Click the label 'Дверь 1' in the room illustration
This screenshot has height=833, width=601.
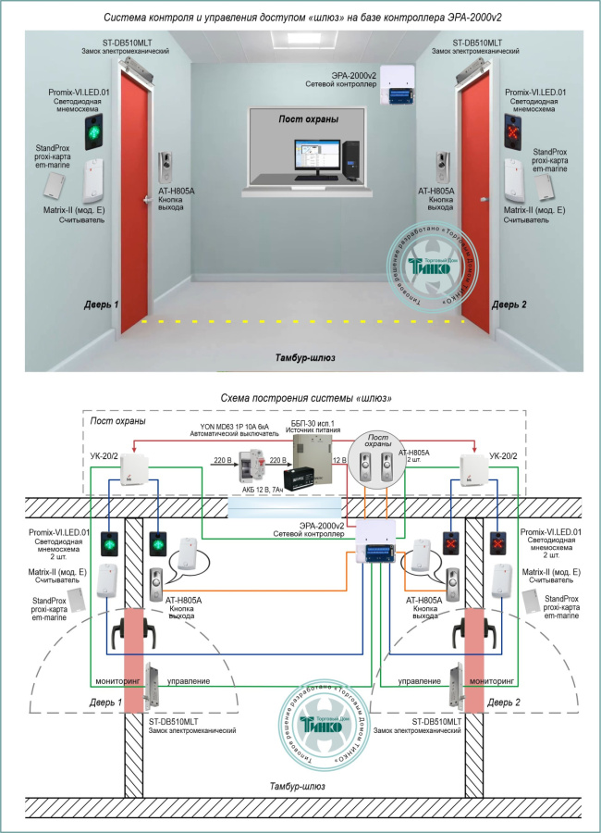[103, 304]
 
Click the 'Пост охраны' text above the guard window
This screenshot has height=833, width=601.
[308, 119]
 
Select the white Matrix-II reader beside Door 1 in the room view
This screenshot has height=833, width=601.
[94, 180]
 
